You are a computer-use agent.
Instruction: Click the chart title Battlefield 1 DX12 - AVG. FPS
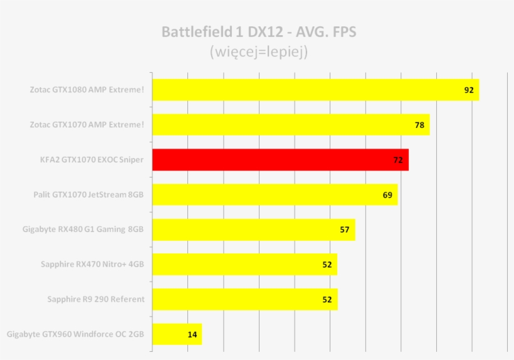coord(258,32)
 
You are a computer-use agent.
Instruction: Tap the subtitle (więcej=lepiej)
coord(258,51)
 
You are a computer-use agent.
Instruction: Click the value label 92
coord(468,90)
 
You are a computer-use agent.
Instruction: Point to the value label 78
coord(419,125)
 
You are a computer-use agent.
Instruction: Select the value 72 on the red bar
coord(398,160)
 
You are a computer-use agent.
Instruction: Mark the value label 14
coord(192,334)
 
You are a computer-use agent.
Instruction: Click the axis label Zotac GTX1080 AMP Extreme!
coord(87,90)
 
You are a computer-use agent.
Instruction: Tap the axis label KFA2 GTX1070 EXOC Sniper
coord(92,160)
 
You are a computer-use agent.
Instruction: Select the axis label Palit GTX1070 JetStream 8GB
coord(88,194)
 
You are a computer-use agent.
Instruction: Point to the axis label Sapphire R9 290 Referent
coord(95,299)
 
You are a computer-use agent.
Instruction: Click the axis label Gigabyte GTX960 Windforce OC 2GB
coord(75,334)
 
